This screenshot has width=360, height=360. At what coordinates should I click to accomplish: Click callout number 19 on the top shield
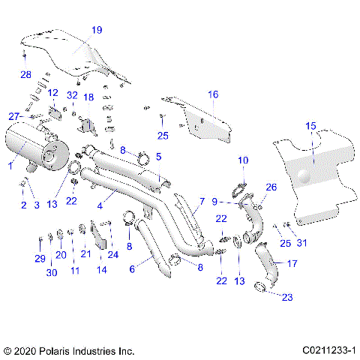tap(97, 30)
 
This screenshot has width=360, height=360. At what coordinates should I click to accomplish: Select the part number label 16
tap(213, 94)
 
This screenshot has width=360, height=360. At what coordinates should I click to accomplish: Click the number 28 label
tap(25, 75)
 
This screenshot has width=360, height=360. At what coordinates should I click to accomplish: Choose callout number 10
tap(242, 160)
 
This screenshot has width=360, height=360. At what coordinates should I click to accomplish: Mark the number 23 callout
tap(287, 297)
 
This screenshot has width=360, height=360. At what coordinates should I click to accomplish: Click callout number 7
tap(202, 202)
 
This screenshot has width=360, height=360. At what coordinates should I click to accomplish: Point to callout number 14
tap(102, 268)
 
